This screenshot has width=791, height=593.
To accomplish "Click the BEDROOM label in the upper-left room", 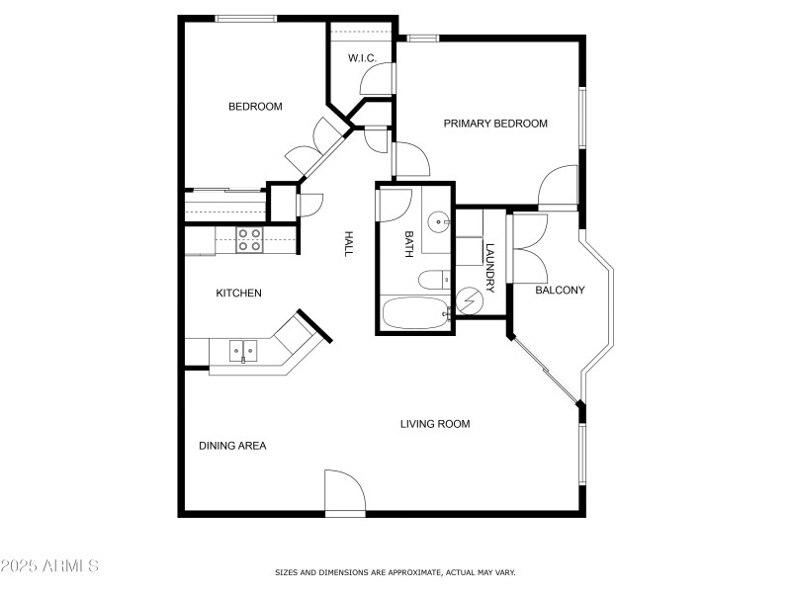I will coord(255,107).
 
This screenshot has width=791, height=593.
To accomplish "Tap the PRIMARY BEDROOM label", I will coord(494,124).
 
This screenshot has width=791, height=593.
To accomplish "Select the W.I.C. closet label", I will coord(361,59).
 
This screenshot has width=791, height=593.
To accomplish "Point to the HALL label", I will coord(348,244).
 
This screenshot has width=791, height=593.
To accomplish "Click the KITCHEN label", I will coord(238,293).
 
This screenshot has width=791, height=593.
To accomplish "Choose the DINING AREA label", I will coord(232,446).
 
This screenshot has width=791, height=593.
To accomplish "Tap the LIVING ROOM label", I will coord(434,424).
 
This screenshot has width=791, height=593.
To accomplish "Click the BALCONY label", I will coord(560,291).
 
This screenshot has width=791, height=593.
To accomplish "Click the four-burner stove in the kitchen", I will coord(249,239).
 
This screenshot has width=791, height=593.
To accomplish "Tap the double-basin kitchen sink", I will coord(243,349).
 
